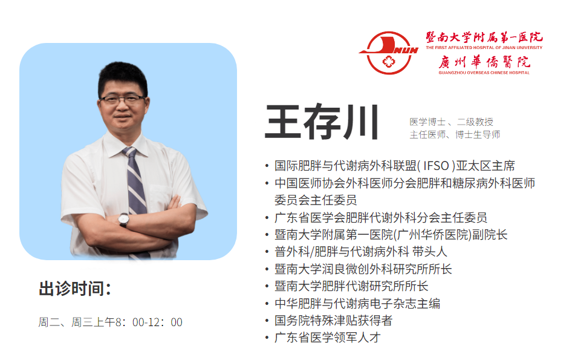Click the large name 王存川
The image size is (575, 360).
[x=322, y=122]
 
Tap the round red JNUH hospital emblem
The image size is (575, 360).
[x=389, y=53]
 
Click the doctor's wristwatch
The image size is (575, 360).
[x=123, y=220]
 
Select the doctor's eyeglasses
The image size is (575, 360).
[x=123, y=99]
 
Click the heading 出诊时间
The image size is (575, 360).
[x=75, y=289]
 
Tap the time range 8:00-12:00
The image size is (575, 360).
[x=149, y=322]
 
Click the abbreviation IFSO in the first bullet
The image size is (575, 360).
[x=436, y=166]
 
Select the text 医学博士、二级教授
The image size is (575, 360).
[x=452, y=122]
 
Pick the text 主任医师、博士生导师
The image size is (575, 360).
[x=455, y=135]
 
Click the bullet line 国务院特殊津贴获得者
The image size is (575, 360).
[x=333, y=320]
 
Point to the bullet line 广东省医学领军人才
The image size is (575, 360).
[x=328, y=338]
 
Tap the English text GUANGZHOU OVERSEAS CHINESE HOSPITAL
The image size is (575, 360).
[x=484, y=73]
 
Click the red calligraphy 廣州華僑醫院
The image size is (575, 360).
[x=484, y=62]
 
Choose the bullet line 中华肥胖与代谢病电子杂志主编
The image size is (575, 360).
[x=357, y=303]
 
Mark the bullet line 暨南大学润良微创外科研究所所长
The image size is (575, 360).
[x=363, y=269]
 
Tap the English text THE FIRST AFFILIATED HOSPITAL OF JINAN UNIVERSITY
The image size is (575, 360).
[x=484, y=47]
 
